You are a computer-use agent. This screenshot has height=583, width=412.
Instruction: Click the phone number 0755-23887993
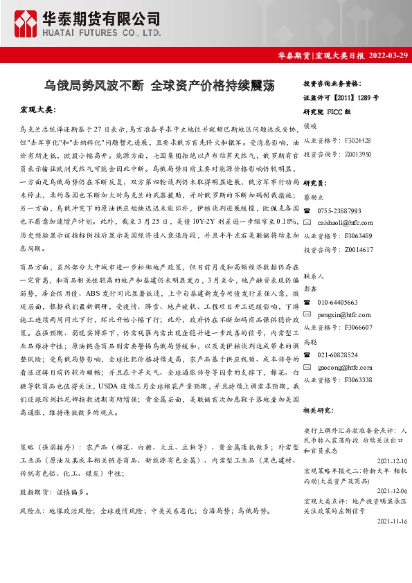(x=339, y=210)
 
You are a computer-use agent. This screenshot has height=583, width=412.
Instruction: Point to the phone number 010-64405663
(x=337, y=303)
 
